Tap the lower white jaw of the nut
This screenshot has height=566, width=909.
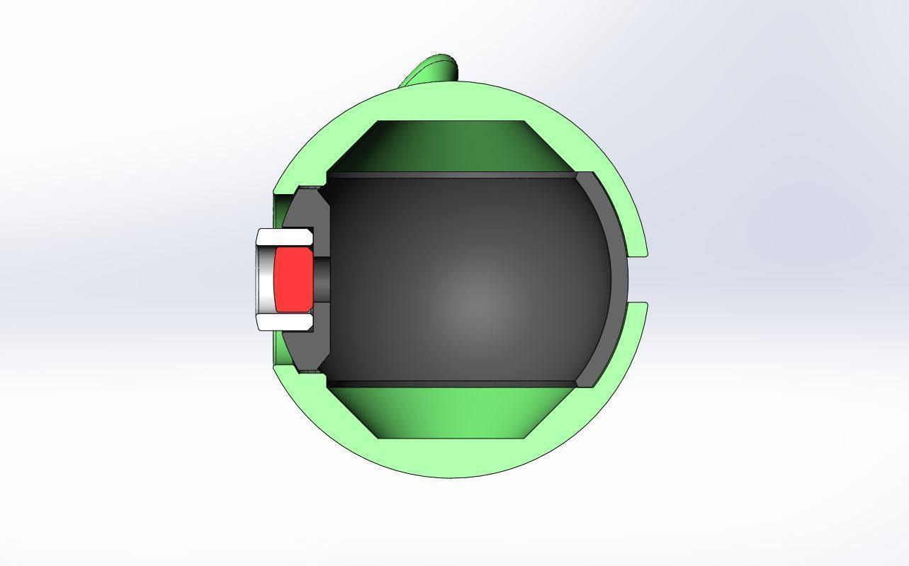pos(284,323)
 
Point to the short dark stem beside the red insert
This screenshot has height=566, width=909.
pos(322,278)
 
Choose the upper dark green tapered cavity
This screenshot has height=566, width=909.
pos(451,145)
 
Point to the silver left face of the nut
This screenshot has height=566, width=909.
pos(265,279)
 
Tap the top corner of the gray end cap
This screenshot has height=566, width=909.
pos(585,176)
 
